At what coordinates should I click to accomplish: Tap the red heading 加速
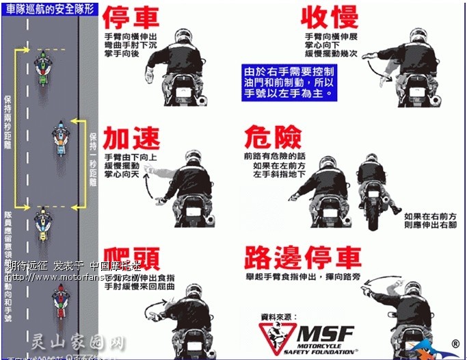pos(131,139)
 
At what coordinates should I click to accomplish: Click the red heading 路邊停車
pos(302,257)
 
